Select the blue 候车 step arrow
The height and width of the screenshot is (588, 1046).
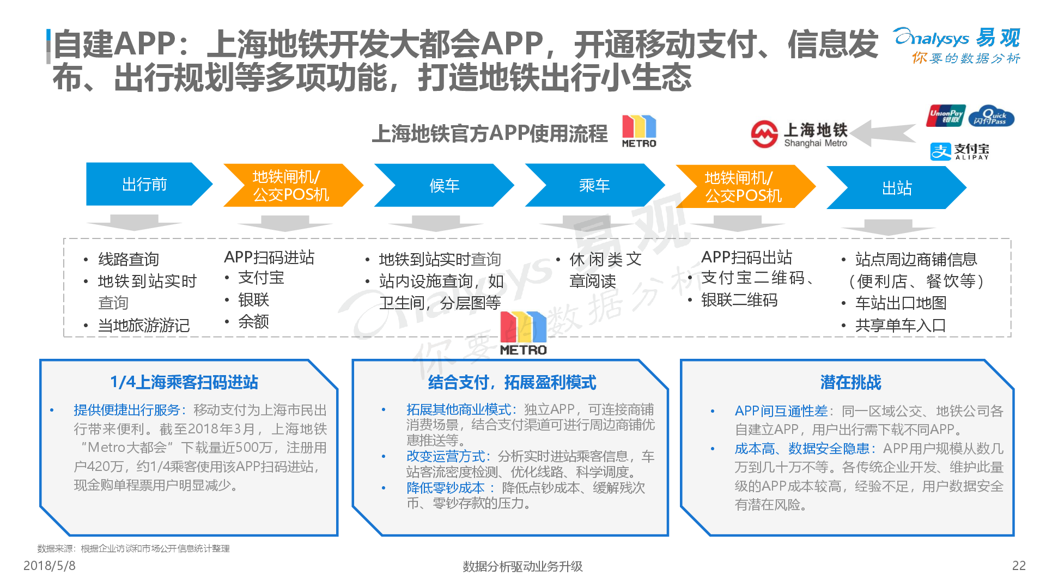point(444,185)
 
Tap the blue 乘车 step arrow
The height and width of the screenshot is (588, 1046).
point(594,185)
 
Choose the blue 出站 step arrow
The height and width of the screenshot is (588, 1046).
point(896,188)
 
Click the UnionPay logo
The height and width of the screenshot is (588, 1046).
point(946,115)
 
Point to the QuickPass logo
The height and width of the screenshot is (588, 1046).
point(992,116)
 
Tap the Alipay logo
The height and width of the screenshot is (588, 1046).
point(959,151)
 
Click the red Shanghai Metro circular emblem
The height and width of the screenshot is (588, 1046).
point(764,134)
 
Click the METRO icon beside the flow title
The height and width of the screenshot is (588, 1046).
point(639,131)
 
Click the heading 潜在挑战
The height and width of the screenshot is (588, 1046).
point(850,382)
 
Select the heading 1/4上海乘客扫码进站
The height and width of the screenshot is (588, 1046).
point(184,382)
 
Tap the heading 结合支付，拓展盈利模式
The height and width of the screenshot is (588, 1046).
point(512,382)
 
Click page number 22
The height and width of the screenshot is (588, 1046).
point(1019,566)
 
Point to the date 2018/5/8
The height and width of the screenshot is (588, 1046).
point(50,566)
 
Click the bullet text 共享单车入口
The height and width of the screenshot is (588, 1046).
point(900,325)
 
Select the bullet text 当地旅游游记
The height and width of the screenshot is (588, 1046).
point(144,325)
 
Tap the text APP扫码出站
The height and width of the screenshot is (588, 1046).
point(746,257)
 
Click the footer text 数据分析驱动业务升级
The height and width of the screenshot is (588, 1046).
point(522,566)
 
